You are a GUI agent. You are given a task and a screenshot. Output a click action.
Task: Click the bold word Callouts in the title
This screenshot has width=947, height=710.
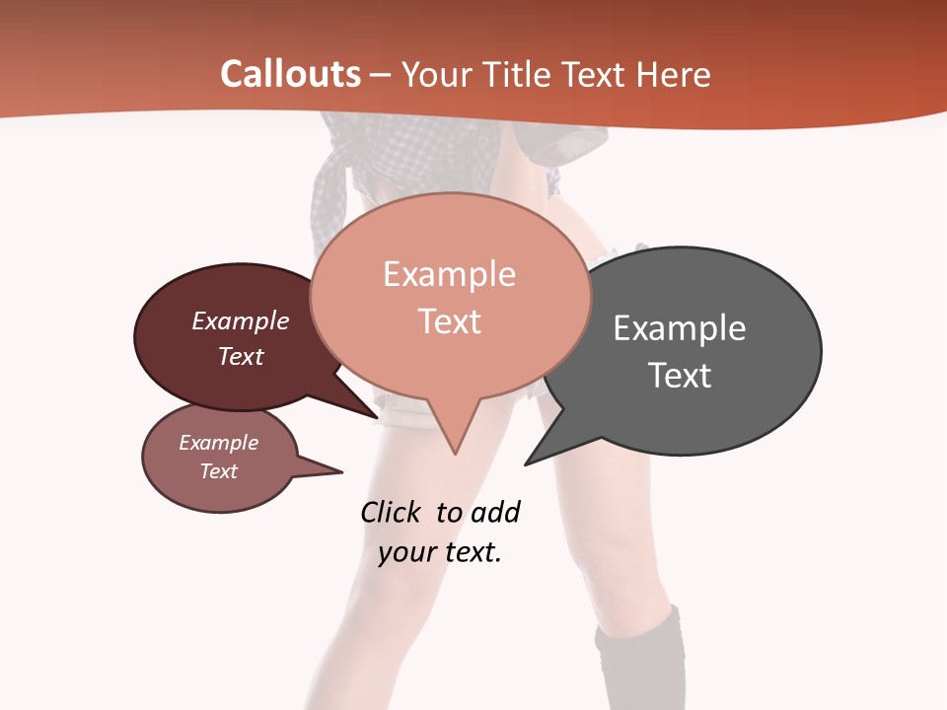[290, 74]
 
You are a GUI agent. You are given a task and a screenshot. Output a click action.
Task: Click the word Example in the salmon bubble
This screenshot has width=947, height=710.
[449, 274]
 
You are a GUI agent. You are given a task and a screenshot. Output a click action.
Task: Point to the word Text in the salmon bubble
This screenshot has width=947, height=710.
[449, 321]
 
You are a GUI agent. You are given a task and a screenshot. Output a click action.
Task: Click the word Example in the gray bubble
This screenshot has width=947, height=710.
[679, 327]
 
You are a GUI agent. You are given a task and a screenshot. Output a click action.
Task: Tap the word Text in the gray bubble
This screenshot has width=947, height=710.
[679, 375]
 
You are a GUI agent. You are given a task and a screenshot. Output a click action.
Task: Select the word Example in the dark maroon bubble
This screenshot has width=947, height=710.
[240, 320]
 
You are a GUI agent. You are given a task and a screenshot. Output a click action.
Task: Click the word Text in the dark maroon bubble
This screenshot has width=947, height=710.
[240, 356]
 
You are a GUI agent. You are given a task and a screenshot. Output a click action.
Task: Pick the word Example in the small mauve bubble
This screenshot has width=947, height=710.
[218, 443]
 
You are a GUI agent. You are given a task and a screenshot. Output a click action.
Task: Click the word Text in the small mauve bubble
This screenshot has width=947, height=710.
[218, 471]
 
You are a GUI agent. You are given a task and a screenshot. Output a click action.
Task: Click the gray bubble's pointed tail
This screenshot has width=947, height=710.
[533, 459]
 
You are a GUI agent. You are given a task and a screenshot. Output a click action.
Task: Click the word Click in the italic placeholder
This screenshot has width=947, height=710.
[391, 513]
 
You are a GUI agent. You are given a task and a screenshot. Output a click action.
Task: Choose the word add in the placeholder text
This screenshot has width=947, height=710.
[495, 513]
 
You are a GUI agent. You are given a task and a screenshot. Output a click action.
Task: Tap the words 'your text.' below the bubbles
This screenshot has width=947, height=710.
[439, 552]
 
